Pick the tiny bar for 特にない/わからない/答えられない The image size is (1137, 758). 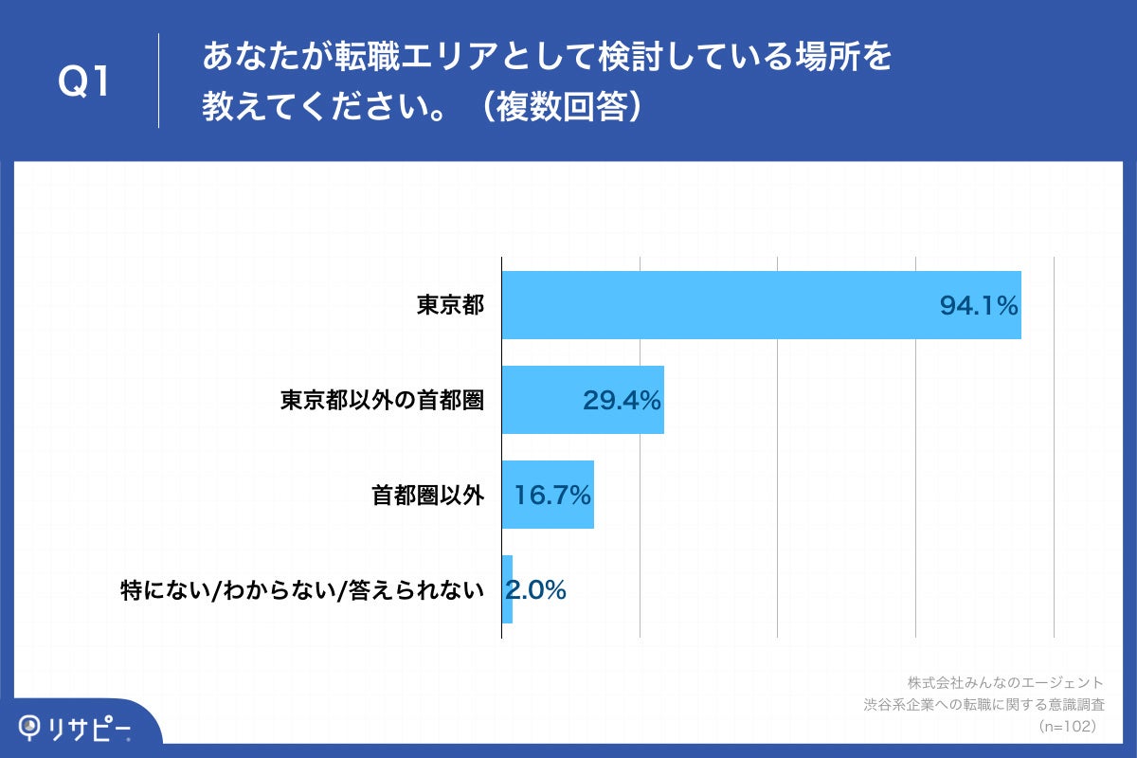pos(507,589)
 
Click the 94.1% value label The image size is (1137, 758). pos(978,306)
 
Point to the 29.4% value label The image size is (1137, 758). pos(621,401)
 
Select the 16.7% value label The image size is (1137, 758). pos(552,495)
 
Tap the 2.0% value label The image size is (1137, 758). pos(535,590)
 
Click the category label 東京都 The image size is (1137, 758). pos(450,305)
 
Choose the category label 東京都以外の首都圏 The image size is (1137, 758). pos(382,400)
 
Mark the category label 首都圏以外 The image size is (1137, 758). pos(427,495)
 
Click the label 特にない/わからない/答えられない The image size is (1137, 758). pos(302,590)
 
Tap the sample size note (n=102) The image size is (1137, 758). pos(1067,726)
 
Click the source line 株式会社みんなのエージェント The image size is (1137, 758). pos(1005,682)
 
